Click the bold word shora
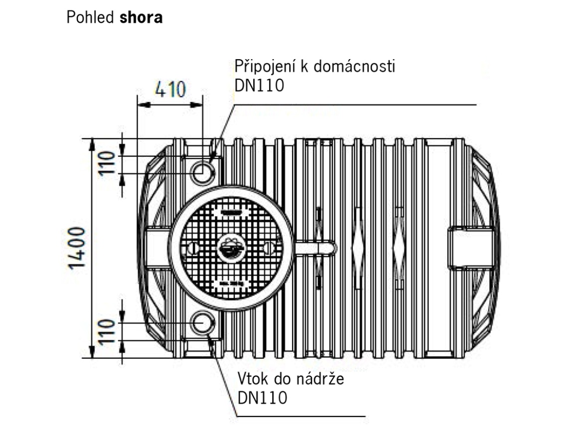pyautogui.click(x=141, y=18)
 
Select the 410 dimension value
pyautogui.click(x=170, y=90)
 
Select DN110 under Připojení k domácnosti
pyautogui.click(x=259, y=85)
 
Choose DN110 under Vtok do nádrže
pyautogui.click(x=263, y=398)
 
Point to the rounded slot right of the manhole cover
pyautogui.click(x=316, y=247)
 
